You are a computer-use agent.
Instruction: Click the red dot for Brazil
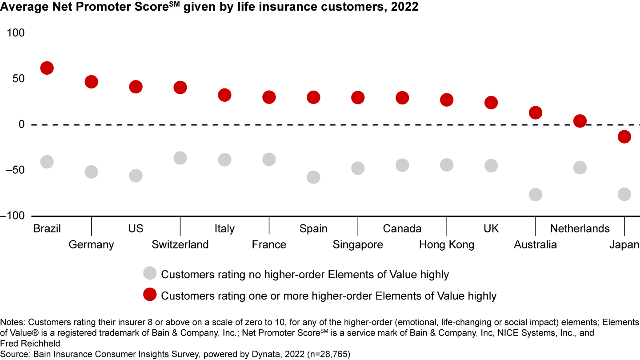(x=47, y=68)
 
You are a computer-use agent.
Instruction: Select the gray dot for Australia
(x=536, y=194)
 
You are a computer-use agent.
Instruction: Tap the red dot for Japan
(x=624, y=137)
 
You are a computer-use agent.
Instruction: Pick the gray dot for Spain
(x=313, y=177)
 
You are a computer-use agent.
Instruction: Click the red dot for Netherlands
(x=580, y=121)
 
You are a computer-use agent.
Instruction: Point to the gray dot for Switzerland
(x=180, y=158)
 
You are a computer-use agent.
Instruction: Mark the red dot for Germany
(x=91, y=82)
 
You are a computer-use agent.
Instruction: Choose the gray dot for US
(x=136, y=176)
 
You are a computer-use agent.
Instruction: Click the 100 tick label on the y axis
(x=16, y=33)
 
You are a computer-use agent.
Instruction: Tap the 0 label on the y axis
(x=21, y=124)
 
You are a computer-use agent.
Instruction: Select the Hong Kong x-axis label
(x=446, y=244)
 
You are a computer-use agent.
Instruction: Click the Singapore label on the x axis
(x=358, y=244)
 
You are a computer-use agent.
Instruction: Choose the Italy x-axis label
(x=224, y=228)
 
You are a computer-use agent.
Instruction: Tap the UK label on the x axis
(x=491, y=228)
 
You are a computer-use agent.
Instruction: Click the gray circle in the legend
(x=150, y=274)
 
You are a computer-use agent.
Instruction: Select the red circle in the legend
(x=150, y=295)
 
